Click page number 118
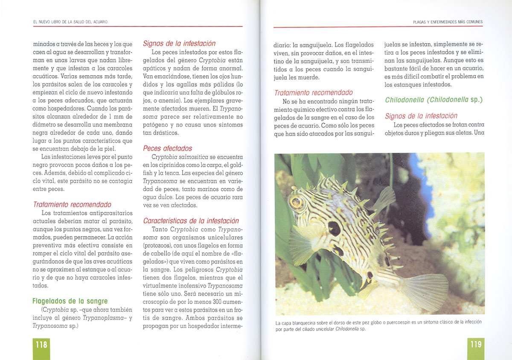(x=41, y=344)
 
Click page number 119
(x=475, y=344)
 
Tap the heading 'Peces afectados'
(x=167, y=148)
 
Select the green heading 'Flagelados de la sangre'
(x=70, y=301)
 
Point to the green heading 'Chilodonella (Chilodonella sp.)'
(x=433, y=100)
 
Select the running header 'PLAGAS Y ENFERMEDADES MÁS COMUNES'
(x=448, y=22)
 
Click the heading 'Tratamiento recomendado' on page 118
(x=72, y=205)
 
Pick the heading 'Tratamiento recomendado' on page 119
(x=313, y=93)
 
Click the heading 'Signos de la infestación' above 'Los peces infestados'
(x=179, y=44)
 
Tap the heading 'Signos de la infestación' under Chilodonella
(x=421, y=116)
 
